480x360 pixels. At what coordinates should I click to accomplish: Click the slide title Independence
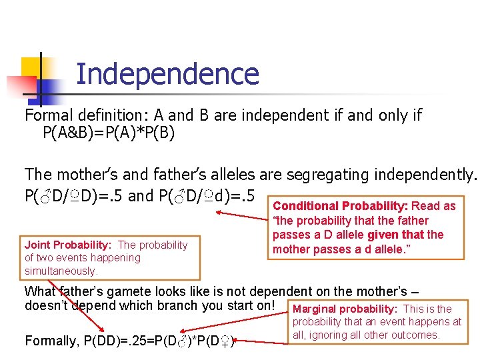[167, 73]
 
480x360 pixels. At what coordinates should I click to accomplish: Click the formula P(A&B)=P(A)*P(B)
[109, 133]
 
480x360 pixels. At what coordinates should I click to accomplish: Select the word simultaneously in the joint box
[61, 271]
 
